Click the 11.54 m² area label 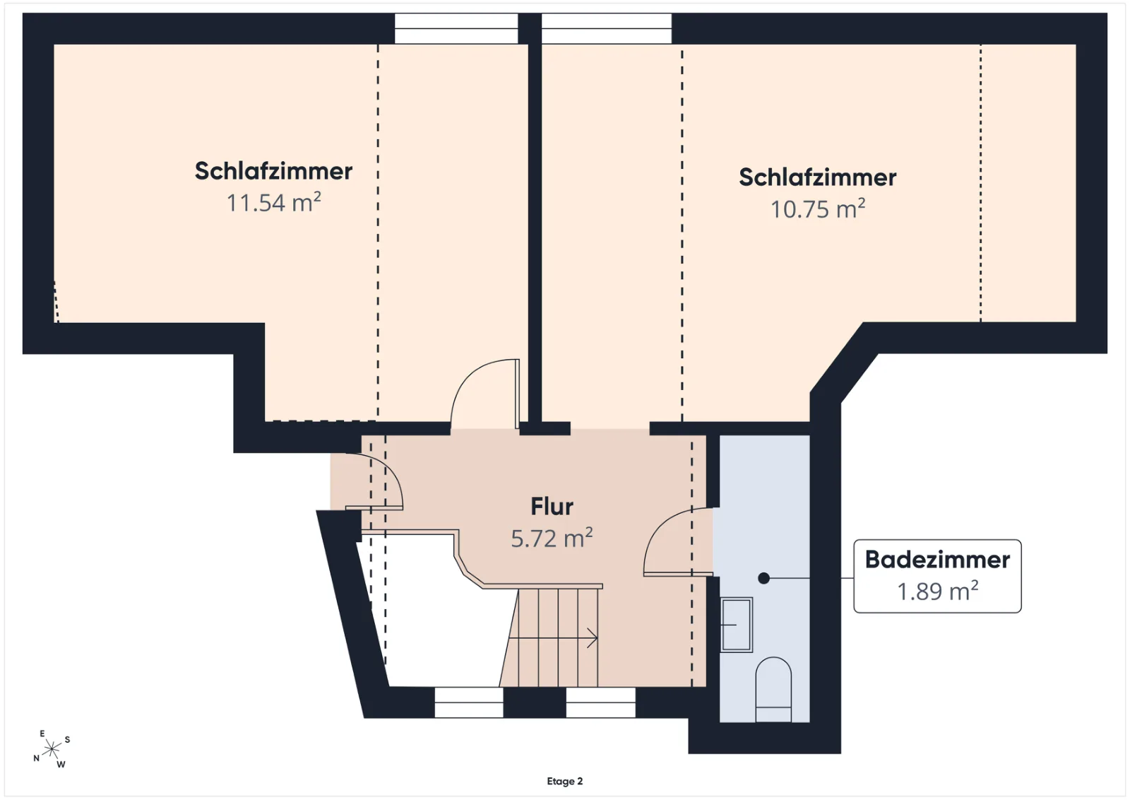pyautogui.click(x=274, y=202)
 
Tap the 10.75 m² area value pyautogui.click(x=818, y=208)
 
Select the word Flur pyautogui.click(x=552, y=506)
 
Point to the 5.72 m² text pyautogui.click(x=552, y=538)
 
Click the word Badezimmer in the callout pyautogui.click(x=937, y=559)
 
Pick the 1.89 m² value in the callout pyautogui.click(x=937, y=591)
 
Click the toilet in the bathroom pyautogui.click(x=773, y=690)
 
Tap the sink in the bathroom pyautogui.click(x=737, y=625)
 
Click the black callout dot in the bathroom pyautogui.click(x=763, y=578)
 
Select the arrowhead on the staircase pyautogui.click(x=593, y=638)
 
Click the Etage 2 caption pyautogui.click(x=564, y=781)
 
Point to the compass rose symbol pyautogui.click(x=52, y=749)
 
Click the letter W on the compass pyautogui.click(x=61, y=764)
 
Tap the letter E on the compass pyautogui.click(x=42, y=734)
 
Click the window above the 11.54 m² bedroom pyautogui.click(x=456, y=28)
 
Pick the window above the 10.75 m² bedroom pyautogui.click(x=607, y=28)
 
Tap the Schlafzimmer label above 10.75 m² pyautogui.click(x=818, y=177)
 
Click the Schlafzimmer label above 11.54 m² pyautogui.click(x=273, y=170)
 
